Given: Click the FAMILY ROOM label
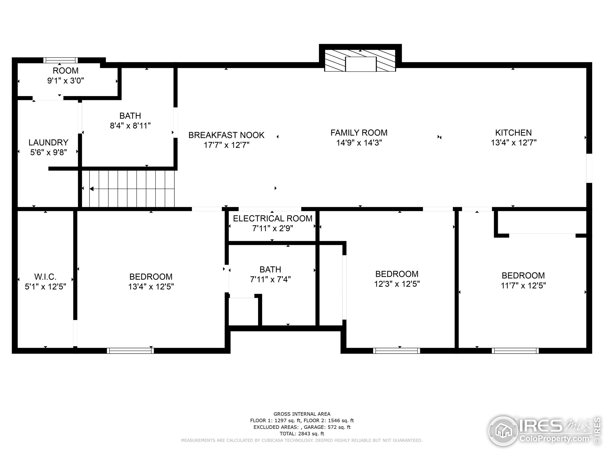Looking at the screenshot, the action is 359,133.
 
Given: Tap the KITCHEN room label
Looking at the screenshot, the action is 513,133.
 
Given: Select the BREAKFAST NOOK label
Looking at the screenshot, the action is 226,135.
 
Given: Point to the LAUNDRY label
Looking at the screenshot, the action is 48,143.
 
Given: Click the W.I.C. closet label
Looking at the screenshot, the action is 45,277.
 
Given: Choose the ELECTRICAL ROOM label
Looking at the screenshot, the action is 273,218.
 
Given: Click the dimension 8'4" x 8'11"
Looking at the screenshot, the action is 130,126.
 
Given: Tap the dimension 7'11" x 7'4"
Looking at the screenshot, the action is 270,279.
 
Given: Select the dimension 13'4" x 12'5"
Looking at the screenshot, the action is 151,286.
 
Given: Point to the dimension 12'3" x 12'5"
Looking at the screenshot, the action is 397,284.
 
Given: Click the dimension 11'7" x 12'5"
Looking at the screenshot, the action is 523,285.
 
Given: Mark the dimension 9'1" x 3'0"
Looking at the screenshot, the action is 66,80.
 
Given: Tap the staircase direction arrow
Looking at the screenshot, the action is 132,189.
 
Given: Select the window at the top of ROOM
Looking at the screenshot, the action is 61,60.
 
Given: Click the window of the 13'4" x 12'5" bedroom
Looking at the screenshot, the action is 130,351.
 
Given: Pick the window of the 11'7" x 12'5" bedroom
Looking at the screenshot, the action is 515,351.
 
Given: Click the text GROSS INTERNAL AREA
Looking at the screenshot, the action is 302,414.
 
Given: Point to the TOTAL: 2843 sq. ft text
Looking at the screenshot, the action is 302,434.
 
